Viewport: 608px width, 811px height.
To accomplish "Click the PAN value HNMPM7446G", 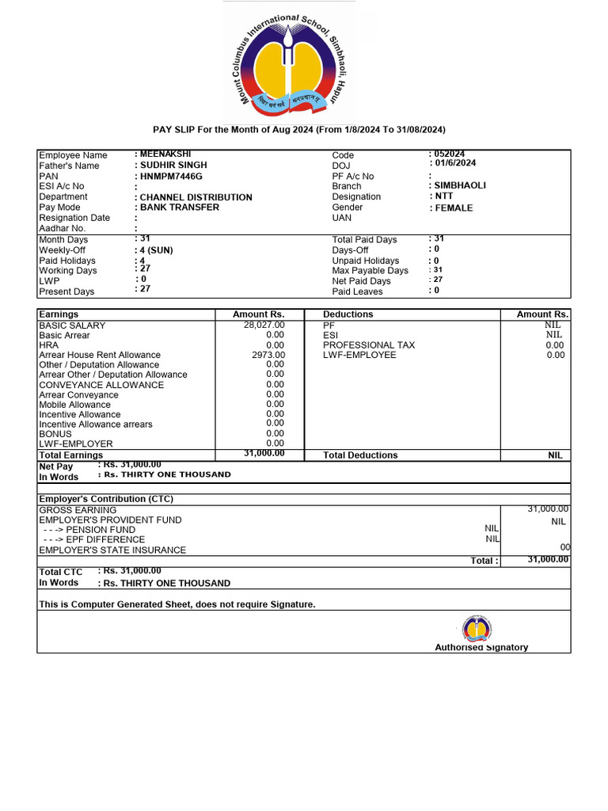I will pos(170,176).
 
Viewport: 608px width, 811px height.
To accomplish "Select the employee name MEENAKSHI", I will pos(165,154).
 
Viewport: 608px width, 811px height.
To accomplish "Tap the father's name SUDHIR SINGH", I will pos(173,166).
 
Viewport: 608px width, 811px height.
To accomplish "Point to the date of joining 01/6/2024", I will pos(452,163).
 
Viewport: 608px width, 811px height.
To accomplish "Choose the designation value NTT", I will pos(444,196).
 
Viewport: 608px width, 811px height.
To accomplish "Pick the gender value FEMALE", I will pos(452,208).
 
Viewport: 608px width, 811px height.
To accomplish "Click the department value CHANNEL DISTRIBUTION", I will pos(196,197).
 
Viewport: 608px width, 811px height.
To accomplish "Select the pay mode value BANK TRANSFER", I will pos(180,208).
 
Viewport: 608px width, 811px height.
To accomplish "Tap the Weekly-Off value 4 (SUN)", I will pos(156,250).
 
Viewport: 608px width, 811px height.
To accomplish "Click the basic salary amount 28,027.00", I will pos(264,325).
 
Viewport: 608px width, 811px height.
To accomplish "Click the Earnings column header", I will pos(59,314).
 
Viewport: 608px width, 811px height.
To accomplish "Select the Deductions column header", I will pos(348,314).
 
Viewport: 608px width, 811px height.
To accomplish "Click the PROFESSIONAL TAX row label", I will pos(368,345).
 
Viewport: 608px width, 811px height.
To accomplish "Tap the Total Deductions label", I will pos(360,455).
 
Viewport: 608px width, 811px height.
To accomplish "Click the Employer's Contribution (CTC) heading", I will pos(106,499).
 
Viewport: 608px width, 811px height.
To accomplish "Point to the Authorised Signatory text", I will pos(481,647).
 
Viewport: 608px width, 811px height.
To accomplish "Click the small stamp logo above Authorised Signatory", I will pos(477,630).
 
